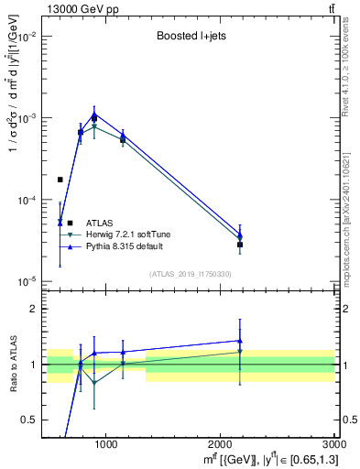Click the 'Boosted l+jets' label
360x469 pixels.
pyautogui.click(x=190, y=38)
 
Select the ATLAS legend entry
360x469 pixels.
pyautogui.click(x=100, y=223)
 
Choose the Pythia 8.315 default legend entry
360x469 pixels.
pyautogui.click(x=129, y=248)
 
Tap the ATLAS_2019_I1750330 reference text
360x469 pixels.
pyautogui.click(x=190, y=274)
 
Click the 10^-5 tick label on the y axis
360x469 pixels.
pyautogui.click(x=27, y=281)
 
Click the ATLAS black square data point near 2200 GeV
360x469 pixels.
pyautogui.click(x=240, y=245)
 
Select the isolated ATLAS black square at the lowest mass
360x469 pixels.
pyautogui.click(x=60, y=180)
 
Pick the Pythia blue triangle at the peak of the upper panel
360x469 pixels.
pyautogui.click(x=94, y=114)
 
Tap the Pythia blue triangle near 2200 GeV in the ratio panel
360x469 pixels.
pyautogui.click(x=240, y=341)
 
